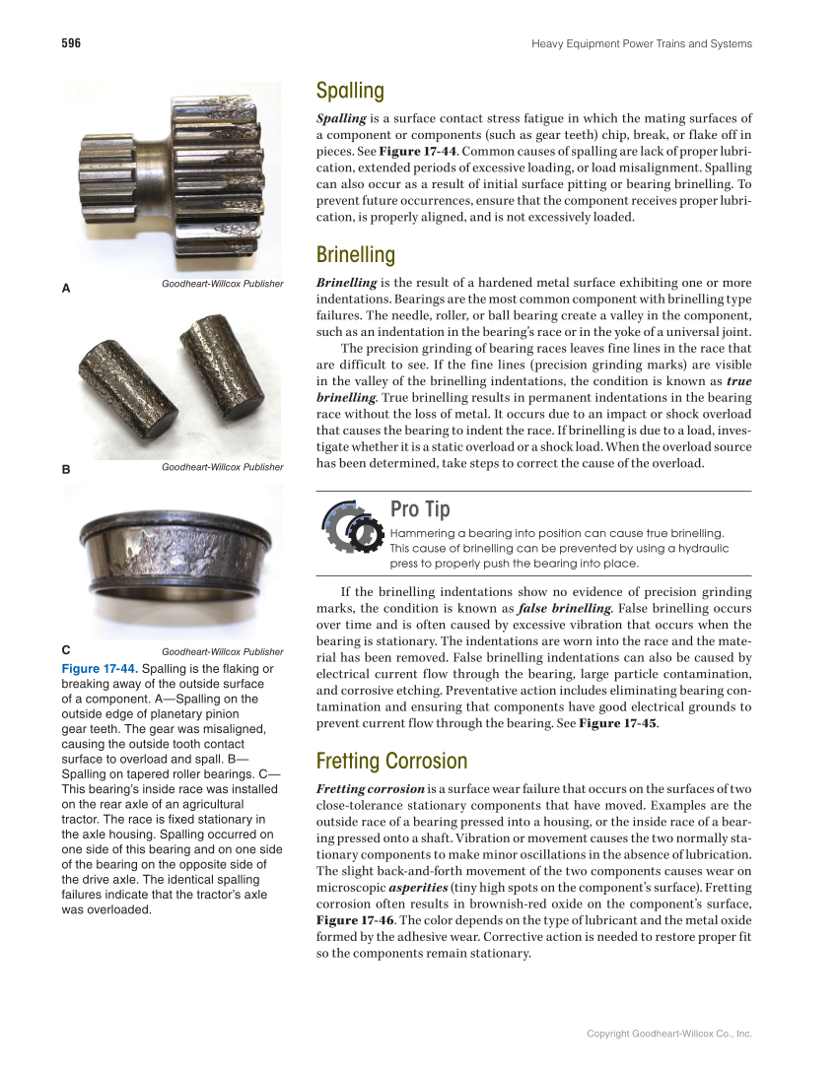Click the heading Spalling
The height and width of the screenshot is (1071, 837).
coord(350,91)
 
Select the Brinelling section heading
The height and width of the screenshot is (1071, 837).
coord(355,255)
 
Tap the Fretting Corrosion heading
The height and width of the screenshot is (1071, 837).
coord(391,761)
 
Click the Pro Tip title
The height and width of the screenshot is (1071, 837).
coord(420,509)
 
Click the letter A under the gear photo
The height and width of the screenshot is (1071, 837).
coord(66,289)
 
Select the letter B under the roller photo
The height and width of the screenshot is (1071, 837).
coord(66,470)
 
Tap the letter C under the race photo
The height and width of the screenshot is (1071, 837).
coord(66,650)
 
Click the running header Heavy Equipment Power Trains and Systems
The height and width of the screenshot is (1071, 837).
coord(641,43)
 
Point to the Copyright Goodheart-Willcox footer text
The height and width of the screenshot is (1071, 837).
coord(668,1034)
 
